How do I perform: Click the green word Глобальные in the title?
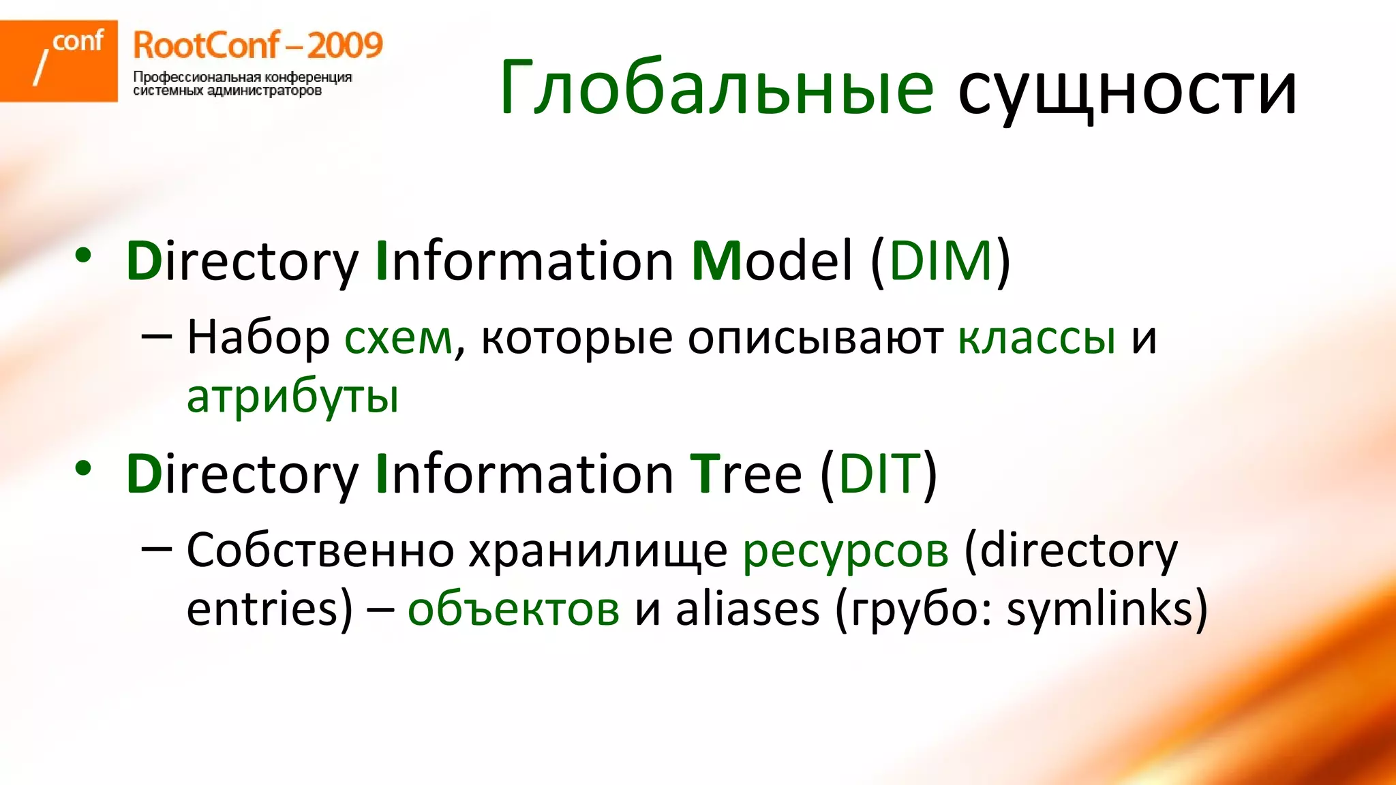716,89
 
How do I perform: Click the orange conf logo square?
59,61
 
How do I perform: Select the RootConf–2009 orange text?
258,46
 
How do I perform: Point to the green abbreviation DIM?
941,261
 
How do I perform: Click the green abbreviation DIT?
879,474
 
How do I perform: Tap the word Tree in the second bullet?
746,474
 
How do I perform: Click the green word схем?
398,338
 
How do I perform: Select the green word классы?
1037,338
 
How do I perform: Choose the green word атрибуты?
292,397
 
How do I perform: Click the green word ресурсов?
845,551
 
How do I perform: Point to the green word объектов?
513,609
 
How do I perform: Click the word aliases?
747,609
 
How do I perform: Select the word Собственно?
320,551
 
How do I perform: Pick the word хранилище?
598,551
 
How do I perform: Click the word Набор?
258,338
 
